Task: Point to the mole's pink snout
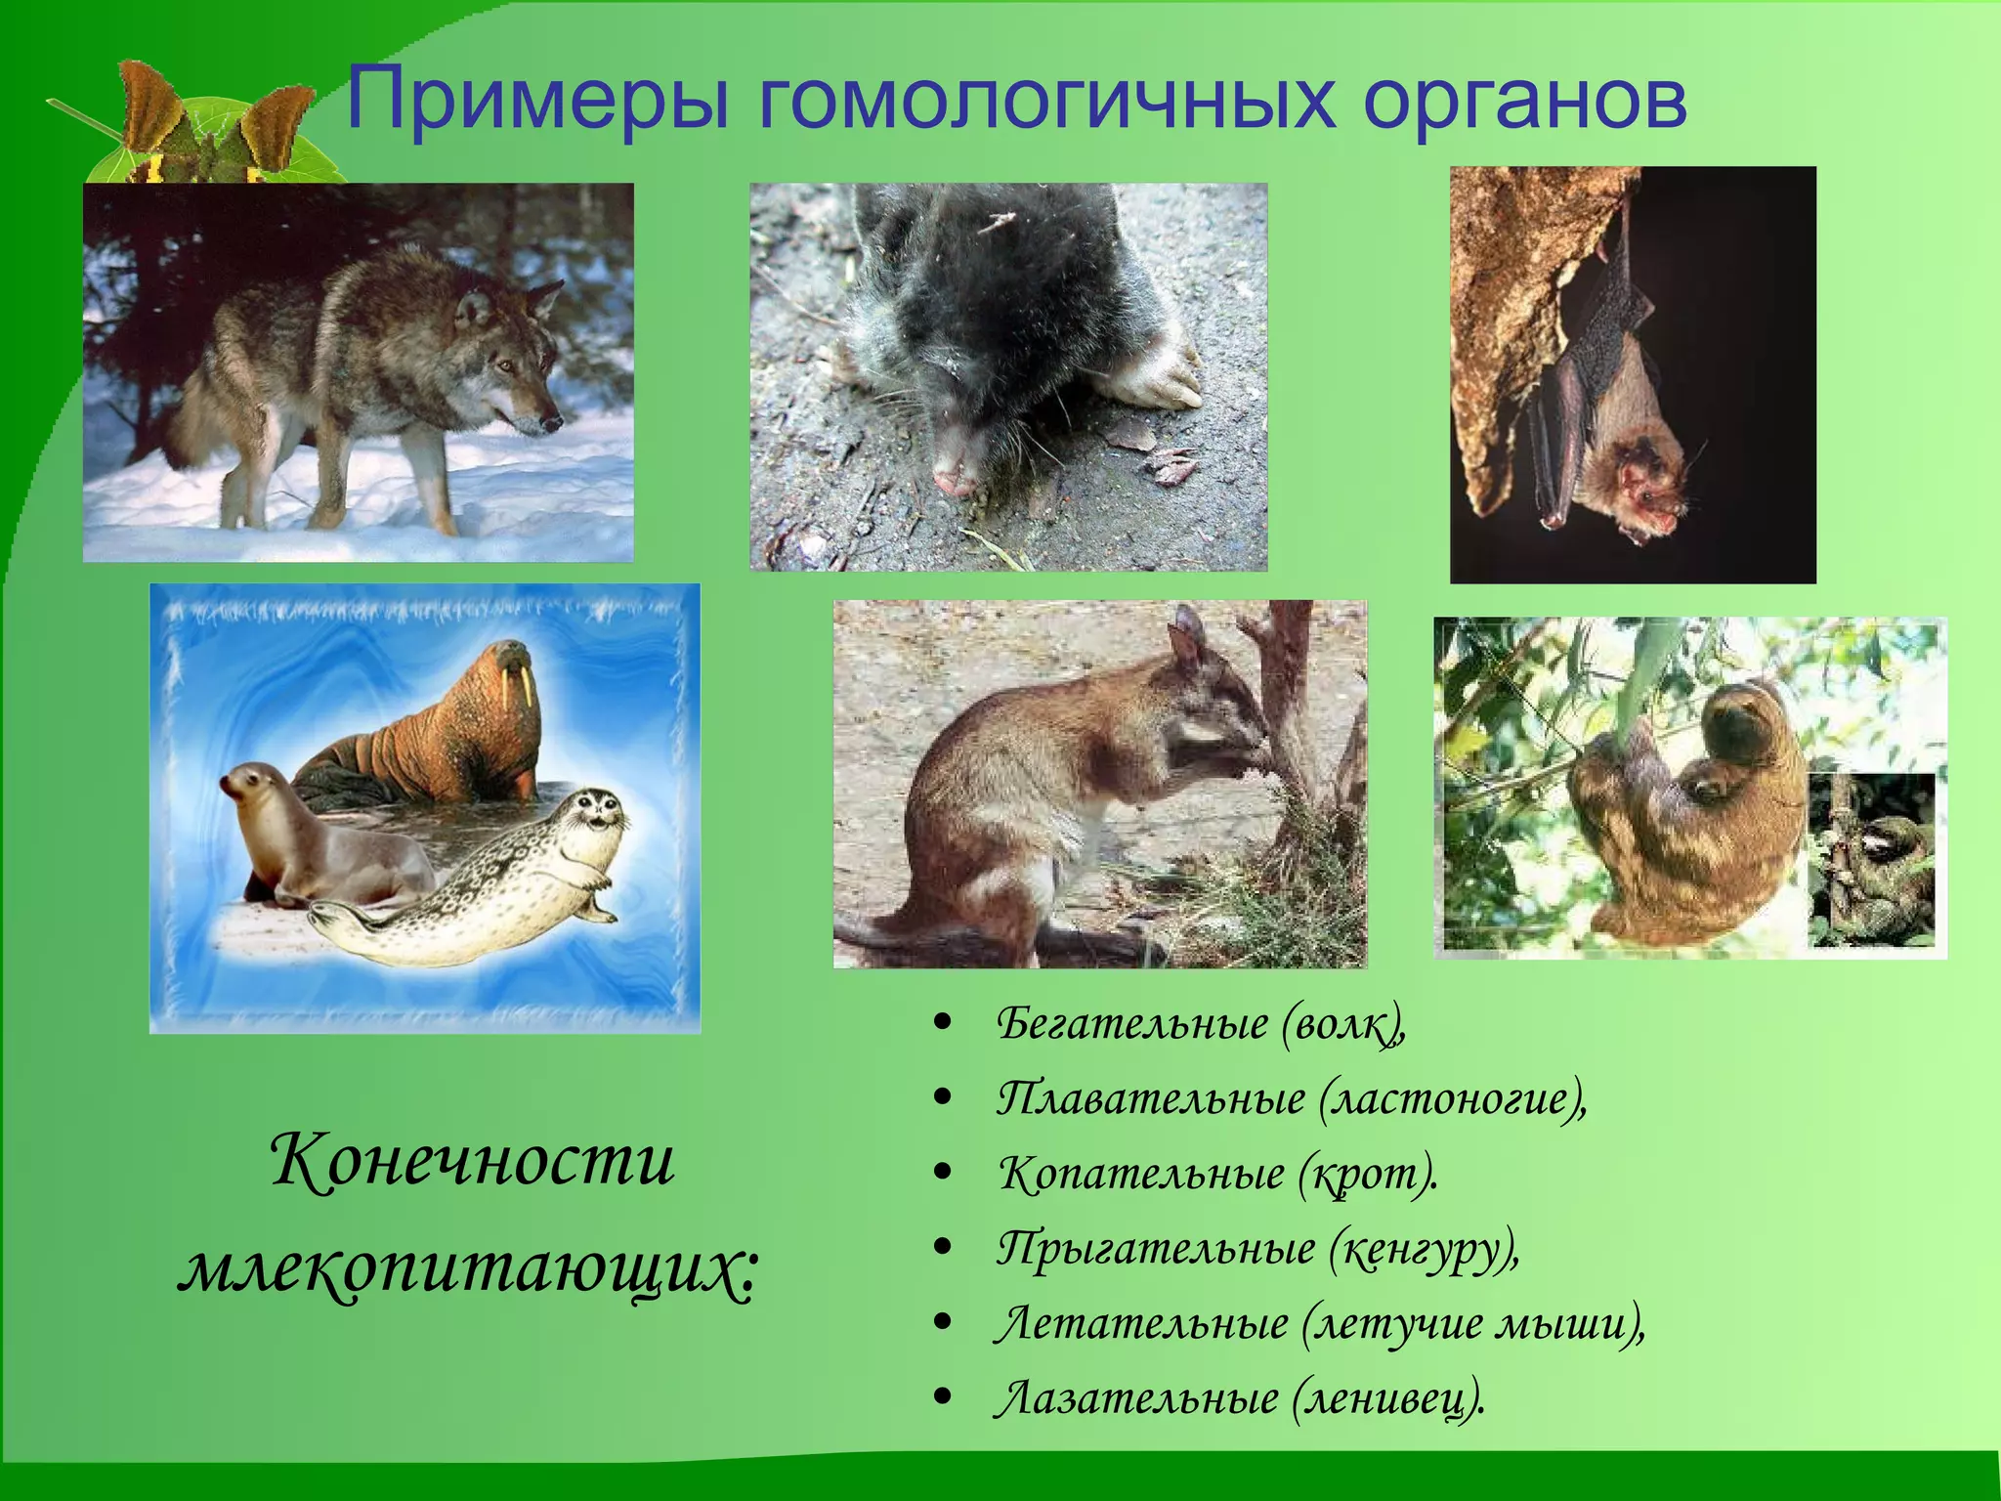pyautogui.click(x=953, y=479)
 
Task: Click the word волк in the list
pyautogui.click(x=1342, y=1024)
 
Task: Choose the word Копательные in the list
pyautogui.click(x=1141, y=1174)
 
